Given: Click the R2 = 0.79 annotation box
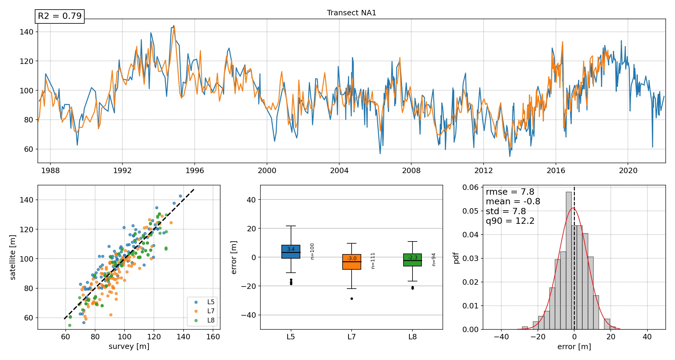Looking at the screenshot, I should pos(60,16).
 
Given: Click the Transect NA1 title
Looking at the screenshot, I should pos(351,13).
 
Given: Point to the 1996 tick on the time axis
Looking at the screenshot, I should pos(195,170).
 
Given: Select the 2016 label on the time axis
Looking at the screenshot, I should pos(556,170).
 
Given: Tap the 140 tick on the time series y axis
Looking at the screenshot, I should pos(27,32).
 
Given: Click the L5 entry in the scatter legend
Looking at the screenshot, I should pos(211,302).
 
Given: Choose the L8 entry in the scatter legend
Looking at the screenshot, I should pos(211,320).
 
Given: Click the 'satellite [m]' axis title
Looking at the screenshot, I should pos(13,257).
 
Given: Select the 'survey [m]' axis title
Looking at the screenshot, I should pos(129,346).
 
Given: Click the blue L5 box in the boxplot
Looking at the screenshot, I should pos(291,252).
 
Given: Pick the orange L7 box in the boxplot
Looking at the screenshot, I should pos(352,262).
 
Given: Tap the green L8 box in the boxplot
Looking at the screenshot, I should pos(412,260).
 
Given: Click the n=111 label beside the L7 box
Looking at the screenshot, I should pos(373,261).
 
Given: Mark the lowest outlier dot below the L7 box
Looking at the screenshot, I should pos(352,298).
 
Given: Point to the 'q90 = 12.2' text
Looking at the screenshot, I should pos(510,221).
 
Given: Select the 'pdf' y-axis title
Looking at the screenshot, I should pos(457,258).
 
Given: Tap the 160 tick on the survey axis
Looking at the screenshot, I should pos(213,337).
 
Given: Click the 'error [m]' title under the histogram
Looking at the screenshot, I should pos(574,347).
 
